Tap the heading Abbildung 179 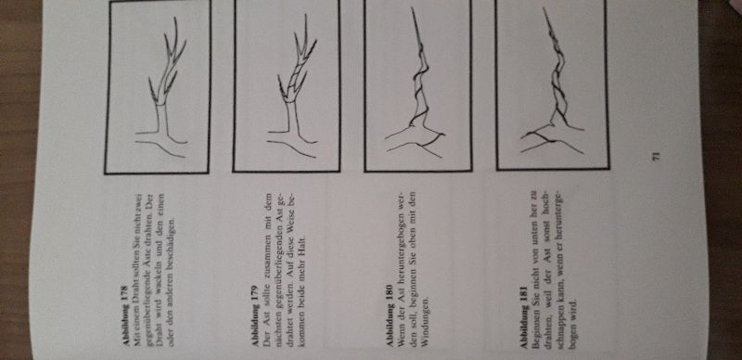click(x=256, y=316)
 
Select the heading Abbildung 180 click(x=390, y=317)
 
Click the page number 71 click(x=656, y=156)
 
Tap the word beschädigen click(x=172, y=236)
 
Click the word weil click(x=547, y=305)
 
